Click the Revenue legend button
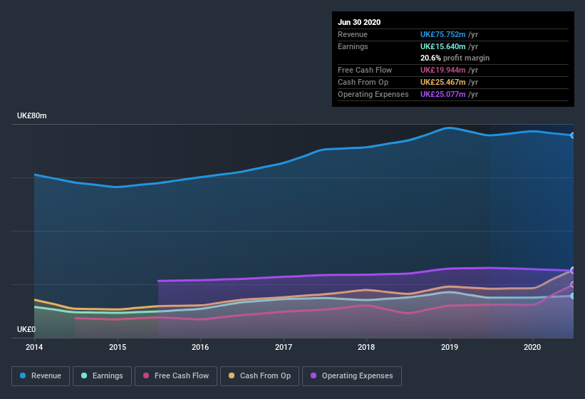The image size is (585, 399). [x=41, y=375]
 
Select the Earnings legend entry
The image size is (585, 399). [x=102, y=375]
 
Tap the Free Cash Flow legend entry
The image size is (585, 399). [x=176, y=375]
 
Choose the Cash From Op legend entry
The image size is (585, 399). [x=259, y=375]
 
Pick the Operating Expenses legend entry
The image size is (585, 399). [x=351, y=375]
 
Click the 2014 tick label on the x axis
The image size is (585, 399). [x=34, y=347]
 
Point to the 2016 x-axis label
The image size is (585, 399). [x=200, y=347]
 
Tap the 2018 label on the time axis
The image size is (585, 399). [x=366, y=347]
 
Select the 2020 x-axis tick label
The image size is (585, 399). [x=532, y=347]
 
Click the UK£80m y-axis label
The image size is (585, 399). [x=32, y=115]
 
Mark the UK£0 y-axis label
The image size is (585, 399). [x=26, y=329]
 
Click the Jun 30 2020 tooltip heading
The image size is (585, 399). [x=359, y=22]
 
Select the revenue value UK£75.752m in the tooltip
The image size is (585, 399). [x=442, y=34]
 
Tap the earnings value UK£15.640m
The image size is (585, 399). [x=442, y=46]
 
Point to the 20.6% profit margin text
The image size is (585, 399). [x=455, y=58]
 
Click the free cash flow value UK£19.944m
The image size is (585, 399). [x=442, y=70]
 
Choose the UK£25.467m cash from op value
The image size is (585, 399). [x=442, y=82]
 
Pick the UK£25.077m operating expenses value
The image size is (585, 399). [x=442, y=94]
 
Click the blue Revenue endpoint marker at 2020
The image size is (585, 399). [x=573, y=135]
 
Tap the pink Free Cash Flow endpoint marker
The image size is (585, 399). [x=573, y=284]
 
